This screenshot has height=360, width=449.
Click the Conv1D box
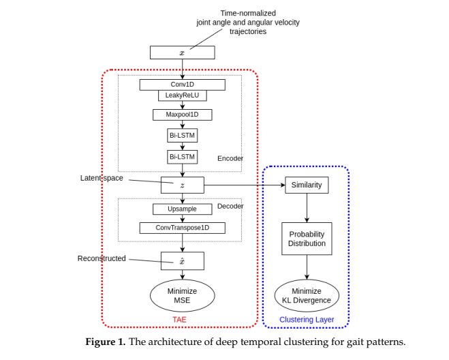(182, 85)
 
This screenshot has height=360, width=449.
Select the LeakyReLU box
(182, 95)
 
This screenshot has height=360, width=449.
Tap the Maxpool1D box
(182, 115)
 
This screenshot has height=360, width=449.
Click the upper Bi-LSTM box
(182, 135)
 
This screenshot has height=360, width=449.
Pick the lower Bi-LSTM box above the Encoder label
(182, 157)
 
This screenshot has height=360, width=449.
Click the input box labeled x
(182, 52)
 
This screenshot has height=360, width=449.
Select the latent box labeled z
(182, 185)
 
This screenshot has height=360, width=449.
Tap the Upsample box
(182, 209)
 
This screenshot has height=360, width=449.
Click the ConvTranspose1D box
(182, 228)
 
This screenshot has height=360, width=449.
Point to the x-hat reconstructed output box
(182, 260)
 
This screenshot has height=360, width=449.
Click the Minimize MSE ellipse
(182, 296)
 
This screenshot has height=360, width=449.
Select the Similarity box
(307, 185)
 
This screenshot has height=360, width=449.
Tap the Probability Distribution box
(307, 239)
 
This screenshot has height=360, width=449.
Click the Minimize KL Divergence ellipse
(307, 296)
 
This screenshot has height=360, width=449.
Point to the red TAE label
(179, 319)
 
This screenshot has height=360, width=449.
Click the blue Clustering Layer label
(307, 319)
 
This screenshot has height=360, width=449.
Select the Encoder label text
(230, 158)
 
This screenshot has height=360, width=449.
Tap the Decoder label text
(230, 206)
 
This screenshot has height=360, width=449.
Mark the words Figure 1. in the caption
(105, 342)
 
